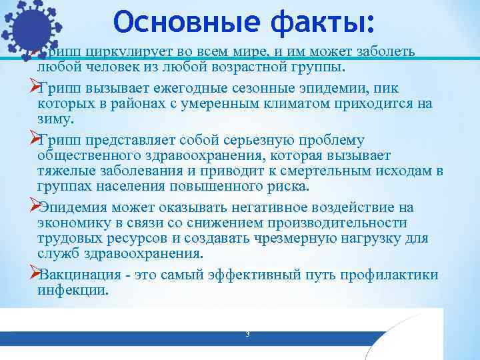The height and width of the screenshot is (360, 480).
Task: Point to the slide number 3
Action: click(x=247, y=333)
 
